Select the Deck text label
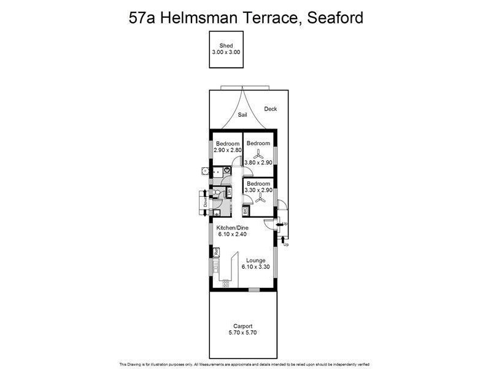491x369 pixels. [271, 109]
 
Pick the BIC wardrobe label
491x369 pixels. [245, 211]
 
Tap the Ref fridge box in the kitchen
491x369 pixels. [216, 252]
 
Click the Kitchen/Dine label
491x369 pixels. [231, 228]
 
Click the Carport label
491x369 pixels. [243, 326]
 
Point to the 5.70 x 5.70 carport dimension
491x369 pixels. [243, 333]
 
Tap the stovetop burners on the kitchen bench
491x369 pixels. [224, 284]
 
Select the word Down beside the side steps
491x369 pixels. [206, 200]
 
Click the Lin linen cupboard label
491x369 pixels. [229, 192]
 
